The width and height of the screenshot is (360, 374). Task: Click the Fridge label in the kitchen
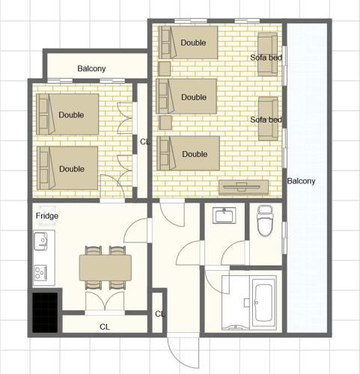point(47,215)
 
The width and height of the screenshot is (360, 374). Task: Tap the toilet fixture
point(265,221)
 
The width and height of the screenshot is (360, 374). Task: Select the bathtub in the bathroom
point(263,303)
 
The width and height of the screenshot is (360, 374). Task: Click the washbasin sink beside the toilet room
point(225,215)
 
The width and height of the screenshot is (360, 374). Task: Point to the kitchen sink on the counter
point(41,241)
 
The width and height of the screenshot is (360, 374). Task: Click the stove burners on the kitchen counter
point(40,273)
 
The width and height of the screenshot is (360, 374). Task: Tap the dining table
point(106,268)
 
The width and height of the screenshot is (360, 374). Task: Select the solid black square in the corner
point(45,313)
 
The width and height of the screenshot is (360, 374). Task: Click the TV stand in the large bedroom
point(243,187)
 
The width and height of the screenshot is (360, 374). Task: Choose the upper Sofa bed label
point(266,58)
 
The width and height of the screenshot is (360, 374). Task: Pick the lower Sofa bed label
point(266,120)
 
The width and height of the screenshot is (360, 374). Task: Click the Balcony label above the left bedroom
point(91,68)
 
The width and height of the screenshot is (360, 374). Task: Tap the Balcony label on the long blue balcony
point(301,181)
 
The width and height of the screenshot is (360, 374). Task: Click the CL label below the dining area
point(105,327)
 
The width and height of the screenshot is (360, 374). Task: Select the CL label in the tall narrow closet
point(144,141)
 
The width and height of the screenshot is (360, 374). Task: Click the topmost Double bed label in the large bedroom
point(193,43)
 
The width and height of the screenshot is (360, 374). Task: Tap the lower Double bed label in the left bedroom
point(72,169)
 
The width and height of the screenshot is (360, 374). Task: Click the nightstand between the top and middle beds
point(165,69)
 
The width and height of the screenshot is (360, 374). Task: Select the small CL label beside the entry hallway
point(159,313)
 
